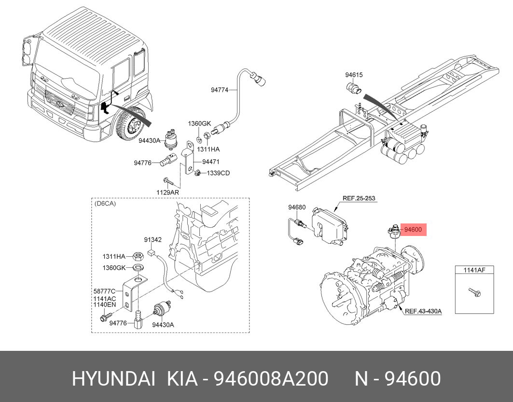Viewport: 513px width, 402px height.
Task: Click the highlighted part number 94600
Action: [413, 230]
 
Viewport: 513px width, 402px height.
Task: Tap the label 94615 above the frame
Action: [354, 75]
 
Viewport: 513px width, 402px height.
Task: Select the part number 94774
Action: [219, 90]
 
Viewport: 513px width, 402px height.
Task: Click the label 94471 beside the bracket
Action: [211, 162]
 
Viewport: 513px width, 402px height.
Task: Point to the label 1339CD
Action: [218, 173]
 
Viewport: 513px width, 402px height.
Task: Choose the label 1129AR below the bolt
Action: [167, 193]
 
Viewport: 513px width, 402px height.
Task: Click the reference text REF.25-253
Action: [359, 198]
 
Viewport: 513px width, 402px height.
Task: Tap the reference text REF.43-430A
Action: [423, 311]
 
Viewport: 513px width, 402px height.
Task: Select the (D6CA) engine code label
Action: [105, 204]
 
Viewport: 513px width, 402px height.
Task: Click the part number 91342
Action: [153, 240]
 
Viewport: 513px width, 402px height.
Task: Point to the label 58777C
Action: [104, 291]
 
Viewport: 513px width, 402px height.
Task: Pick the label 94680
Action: [297, 208]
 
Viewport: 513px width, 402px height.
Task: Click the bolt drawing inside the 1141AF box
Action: [474, 292]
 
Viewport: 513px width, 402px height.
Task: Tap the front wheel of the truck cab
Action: [132, 125]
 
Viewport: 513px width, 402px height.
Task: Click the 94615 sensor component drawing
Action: [354, 88]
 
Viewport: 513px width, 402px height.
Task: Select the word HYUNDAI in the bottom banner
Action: [113, 379]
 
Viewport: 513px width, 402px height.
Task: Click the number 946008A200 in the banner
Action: [271, 379]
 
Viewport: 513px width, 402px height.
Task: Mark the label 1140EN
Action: [104, 305]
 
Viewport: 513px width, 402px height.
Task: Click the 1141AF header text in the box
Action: [474, 270]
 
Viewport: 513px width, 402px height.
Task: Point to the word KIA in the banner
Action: [182, 379]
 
